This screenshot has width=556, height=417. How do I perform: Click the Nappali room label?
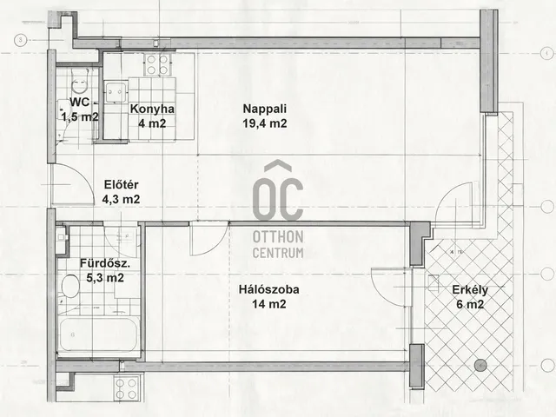[x=264, y=109]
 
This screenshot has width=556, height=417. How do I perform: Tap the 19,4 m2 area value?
[x=264, y=123]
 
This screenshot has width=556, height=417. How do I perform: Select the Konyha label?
[x=152, y=109]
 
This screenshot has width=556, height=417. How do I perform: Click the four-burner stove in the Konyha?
[x=157, y=64]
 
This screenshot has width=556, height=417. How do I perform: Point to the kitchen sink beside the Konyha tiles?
[x=116, y=92]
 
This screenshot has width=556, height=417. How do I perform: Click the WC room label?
[x=79, y=103]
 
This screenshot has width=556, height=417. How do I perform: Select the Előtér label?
[x=121, y=185]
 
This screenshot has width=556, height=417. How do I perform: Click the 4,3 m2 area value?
[x=121, y=199]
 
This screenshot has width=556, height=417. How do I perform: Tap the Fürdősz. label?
[x=105, y=263]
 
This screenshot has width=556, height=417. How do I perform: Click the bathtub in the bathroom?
[x=98, y=335]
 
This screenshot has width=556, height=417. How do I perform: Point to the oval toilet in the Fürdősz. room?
[x=70, y=286]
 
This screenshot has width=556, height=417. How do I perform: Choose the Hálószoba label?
[x=268, y=289]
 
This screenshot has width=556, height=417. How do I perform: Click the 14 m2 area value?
[x=268, y=304]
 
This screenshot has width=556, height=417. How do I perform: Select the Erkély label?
[x=470, y=290]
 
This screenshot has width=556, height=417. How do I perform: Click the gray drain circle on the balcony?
[x=480, y=365]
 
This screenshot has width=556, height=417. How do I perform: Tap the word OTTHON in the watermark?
[x=278, y=237]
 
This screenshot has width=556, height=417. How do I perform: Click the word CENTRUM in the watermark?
[x=278, y=253]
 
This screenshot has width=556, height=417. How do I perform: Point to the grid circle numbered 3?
[x=21, y=40]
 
